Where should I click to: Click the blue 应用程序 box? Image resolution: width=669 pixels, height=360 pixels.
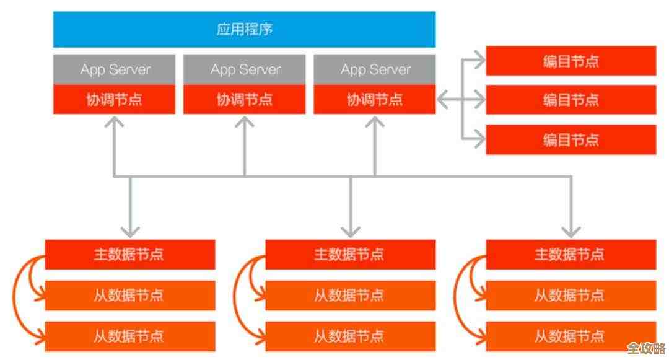point(244,29)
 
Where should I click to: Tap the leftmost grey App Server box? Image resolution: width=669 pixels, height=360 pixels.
point(115,69)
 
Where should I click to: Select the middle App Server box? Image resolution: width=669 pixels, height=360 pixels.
point(245,69)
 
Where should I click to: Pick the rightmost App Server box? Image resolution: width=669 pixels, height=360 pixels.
point(375,69)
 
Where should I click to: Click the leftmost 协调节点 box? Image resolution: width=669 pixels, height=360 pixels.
point(115,99)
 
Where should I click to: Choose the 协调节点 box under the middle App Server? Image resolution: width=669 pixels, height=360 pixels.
point(245,99)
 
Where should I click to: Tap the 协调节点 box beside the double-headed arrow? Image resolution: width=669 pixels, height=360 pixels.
point(375,99)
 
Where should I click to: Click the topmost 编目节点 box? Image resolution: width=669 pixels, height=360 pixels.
point(571,61)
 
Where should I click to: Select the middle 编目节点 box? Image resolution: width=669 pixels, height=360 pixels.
point(571,99)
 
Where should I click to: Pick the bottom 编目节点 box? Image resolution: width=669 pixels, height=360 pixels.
point(571,139)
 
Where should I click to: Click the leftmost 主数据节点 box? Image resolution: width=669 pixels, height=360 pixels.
point(129,254)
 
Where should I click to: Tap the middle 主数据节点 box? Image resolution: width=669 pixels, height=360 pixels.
point(350,254)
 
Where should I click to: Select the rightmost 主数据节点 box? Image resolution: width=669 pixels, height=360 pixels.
point(571,254)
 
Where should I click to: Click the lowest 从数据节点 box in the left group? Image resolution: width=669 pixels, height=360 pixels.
point(129,336)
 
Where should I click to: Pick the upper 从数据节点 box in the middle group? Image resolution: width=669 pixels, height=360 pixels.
point(350,295)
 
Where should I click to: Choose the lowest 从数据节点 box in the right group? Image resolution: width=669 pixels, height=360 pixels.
point(571,336)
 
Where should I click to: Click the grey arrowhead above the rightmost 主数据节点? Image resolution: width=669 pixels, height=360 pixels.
point(571,232)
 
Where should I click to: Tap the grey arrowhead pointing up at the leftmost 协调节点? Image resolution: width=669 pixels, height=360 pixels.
point(115,121)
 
